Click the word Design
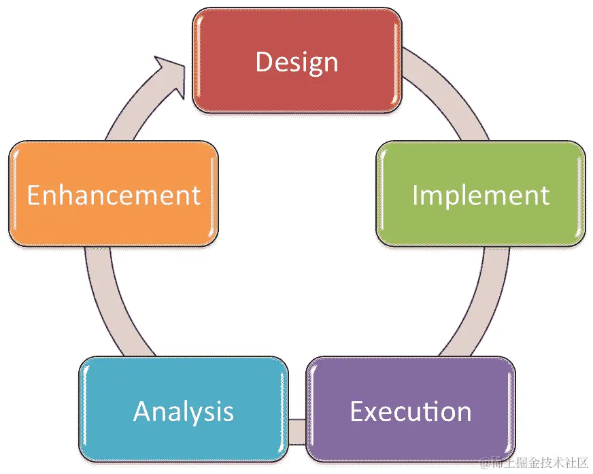[x=296, y=62]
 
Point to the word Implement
[x=480, y=195]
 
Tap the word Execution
[x=410, y=411]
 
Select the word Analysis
[x=184, y=411]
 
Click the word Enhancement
[x=114, y=195]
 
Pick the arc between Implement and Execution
[x=475, y=306]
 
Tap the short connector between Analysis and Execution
[x=296, y=430]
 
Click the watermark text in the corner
[x=533, y=464]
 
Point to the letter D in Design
[x=264, y=62]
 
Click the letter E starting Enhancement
[x=34, y=195]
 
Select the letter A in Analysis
[x=143, y=411]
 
